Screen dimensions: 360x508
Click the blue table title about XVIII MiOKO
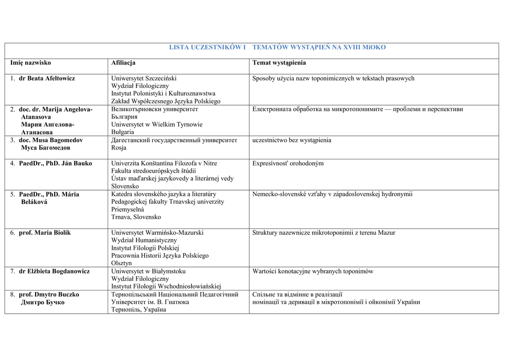click(277, 47)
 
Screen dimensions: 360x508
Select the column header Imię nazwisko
click(31, 63)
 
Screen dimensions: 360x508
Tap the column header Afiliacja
click(123, 63)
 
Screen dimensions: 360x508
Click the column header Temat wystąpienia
click(279, 63)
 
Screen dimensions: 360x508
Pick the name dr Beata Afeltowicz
click(47, 78)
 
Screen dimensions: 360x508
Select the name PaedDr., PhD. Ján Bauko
click(55, 163)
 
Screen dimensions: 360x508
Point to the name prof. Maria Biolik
click(45, 233)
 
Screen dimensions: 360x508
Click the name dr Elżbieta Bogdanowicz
click(54, 272)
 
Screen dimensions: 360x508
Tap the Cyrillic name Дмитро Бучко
click(43, 302)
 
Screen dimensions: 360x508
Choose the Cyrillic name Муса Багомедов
click(46, 148)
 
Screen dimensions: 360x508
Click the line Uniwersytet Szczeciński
click(143, 78)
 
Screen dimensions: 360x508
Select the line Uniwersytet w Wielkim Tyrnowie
click(157, 125)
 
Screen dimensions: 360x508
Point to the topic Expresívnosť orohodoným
click(288, 163)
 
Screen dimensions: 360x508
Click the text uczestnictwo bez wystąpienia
click(292, 141)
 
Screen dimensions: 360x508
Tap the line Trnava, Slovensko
click(136, 217)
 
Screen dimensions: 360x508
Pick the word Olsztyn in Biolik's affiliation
click(122, 263)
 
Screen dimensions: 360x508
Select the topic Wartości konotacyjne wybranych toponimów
click(313, 272)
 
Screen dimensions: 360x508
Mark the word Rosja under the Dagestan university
click(119, 148)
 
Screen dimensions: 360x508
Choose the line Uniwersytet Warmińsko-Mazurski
click(157, 233)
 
